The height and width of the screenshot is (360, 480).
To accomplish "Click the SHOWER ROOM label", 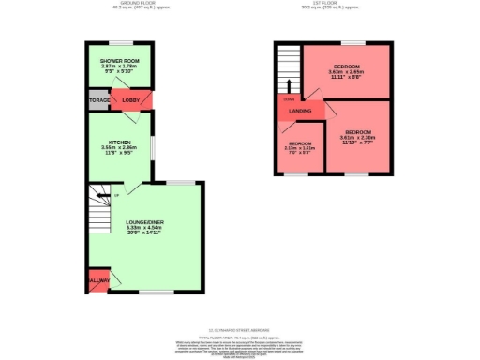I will pos(120,58).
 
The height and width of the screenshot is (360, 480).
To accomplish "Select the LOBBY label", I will pos(130,100).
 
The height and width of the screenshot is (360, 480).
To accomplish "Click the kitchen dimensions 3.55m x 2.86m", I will pos(119,148).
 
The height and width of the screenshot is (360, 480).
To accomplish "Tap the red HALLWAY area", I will pos(98,280).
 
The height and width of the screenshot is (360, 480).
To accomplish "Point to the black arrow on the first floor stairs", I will pos(289,91).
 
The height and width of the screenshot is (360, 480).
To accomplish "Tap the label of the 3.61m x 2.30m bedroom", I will pos(357,131).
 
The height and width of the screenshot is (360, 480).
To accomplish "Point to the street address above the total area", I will pos(239,329).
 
